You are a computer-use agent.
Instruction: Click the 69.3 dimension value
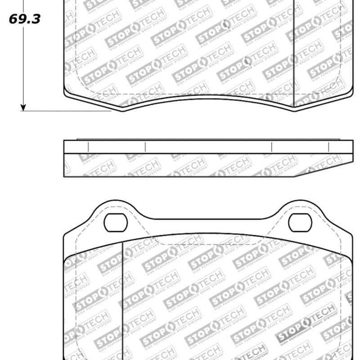[24, 19]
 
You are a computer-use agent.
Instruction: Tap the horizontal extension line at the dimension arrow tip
[67, 111]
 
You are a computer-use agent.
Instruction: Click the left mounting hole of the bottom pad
[116, 222]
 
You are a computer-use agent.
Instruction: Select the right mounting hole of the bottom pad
[300, 222]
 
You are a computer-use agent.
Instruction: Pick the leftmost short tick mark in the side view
[88, 147]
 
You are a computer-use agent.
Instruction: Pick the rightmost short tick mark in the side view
[328, 147]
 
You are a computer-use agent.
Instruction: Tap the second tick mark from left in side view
[145, 147]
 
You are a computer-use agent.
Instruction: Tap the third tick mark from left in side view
[272, 147]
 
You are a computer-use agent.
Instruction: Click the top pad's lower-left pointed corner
[122, 110]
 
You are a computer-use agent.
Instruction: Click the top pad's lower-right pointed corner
[294, 110]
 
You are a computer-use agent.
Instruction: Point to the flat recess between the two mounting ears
[208, 220]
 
